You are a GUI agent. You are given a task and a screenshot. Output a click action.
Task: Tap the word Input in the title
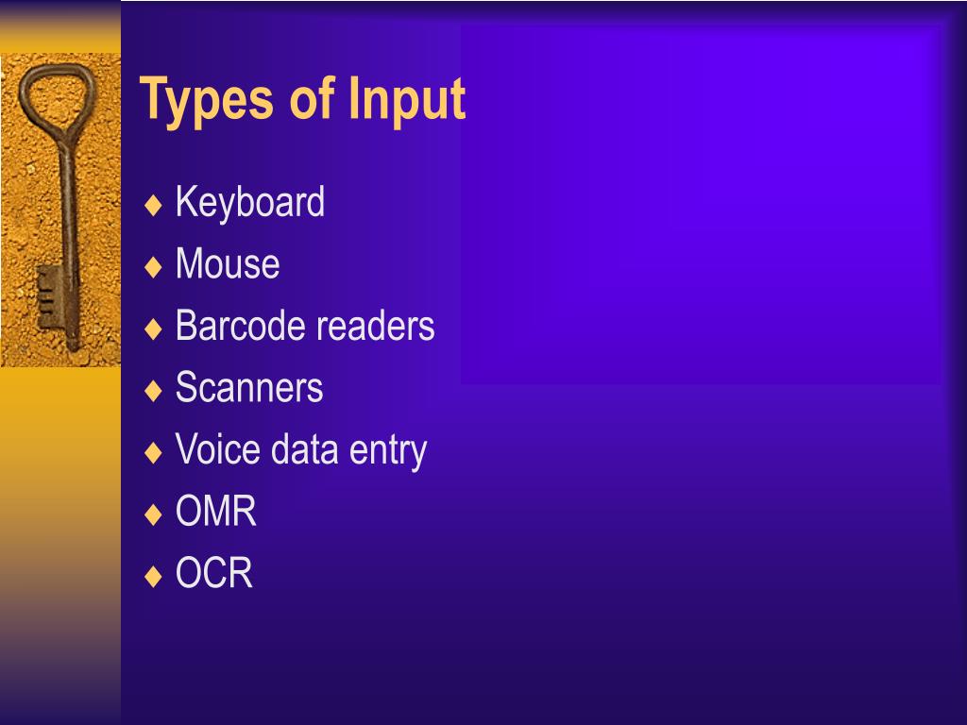point(407,101)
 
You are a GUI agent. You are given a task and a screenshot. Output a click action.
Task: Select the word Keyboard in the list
point(250,203)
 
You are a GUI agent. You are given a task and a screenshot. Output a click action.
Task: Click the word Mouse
point(228,264)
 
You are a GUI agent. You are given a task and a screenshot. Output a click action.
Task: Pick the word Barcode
point(242,326)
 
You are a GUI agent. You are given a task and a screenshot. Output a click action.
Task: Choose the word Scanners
point(249,388)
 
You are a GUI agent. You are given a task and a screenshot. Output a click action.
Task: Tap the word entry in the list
point(388,451)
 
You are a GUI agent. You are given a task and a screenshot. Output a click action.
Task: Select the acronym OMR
point(216,512)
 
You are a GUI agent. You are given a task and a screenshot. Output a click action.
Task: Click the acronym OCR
point(214,573)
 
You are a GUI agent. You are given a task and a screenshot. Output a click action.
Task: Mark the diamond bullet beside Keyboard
point(154,205)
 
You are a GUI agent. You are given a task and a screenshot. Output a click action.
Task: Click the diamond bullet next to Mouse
point(154,266)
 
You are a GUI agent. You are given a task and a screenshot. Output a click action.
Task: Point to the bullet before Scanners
point(154,390)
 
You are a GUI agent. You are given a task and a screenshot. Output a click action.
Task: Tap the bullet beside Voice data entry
point(154,451)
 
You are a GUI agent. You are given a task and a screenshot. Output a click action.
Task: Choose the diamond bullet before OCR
point(154,575)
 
